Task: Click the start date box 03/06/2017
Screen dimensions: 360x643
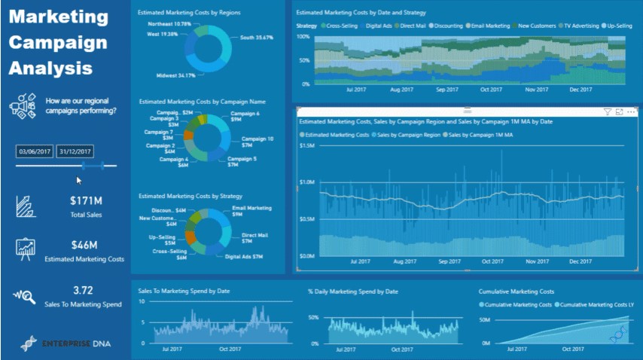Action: pyautogui.click(x=34, y=152)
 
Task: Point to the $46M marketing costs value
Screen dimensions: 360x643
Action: pyautogui.click(x=84, y=245)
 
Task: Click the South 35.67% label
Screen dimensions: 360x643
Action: pyautogui.click(x=258, y=37)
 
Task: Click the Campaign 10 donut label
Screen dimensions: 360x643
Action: pyautogui.click(x=258, y=139)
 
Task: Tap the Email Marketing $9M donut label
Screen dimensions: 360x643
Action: pyautogui.click(x=251, y=211)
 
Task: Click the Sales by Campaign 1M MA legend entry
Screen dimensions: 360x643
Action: pyautogui.click(x=480, y=135)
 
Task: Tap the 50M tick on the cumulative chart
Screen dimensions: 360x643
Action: pyautogui.click(x=485, y=319)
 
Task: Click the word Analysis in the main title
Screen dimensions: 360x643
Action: pyautogui.click(x=51, y=68)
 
